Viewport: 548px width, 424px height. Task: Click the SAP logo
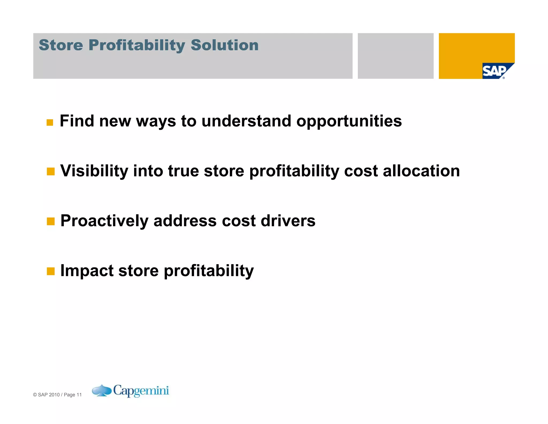point(495,71)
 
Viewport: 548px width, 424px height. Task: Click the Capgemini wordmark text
point(141,390)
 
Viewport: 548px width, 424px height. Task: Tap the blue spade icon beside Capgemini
point(101,390)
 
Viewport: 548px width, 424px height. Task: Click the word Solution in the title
point(224,45)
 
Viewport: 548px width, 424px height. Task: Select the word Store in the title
point(61,45)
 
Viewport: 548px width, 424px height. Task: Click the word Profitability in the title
point(137,45)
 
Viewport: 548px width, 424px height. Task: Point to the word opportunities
point(349,121)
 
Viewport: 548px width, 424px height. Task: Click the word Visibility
point(94,171)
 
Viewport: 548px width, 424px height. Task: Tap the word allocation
point(421,171)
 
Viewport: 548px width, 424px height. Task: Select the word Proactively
point(104,221)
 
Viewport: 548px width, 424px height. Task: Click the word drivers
point(288,221)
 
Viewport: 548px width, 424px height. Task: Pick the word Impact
point(87,271)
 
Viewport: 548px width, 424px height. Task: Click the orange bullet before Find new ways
point(50,122)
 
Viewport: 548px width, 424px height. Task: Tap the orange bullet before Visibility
point(51,172)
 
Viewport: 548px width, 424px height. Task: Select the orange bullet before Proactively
point(51,221)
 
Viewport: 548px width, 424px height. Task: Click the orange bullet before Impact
point(51,271)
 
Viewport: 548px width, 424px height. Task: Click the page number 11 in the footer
point(79,395)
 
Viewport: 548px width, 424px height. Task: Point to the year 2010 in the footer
point(54,395)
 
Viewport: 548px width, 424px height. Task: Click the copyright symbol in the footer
point(35,395)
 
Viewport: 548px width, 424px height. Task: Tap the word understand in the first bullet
point(246,121)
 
